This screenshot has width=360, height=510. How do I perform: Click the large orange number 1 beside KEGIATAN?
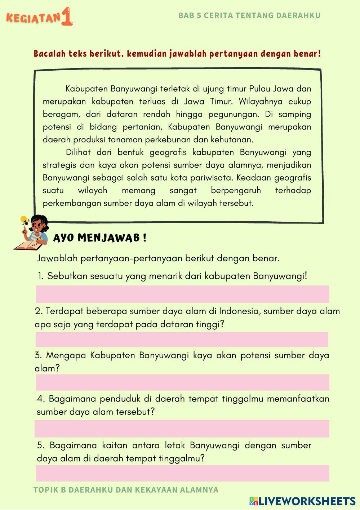[x=67, y=17]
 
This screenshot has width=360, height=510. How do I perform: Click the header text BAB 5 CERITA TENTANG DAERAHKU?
[x=249, y=15]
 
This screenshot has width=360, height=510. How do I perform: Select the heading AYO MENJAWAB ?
[x=100, y=238]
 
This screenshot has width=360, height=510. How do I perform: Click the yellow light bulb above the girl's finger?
[x=24, y=219]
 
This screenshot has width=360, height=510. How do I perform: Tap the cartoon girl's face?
[x=37, y=226]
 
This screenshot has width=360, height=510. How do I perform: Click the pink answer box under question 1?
[x=182, y=294]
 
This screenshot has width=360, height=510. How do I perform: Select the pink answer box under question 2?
[x=182, y=340]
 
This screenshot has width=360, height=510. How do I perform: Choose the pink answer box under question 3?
[x=182, y=382]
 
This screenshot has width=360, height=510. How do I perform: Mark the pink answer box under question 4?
[x=182, y=428]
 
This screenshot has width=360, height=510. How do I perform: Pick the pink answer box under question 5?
[x=182, y=473]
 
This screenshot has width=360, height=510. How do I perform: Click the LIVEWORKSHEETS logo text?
[x=307, y=501]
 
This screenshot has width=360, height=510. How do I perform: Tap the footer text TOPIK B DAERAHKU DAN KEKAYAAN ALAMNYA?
[x=126, y=490]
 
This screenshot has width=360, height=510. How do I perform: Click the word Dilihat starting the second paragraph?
[x=78, y=152]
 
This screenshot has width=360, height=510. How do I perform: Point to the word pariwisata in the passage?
[x=212, y=178]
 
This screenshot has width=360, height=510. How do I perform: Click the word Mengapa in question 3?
[x=66, y=355]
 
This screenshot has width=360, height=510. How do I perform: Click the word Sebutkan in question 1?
[x=67, y=276]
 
